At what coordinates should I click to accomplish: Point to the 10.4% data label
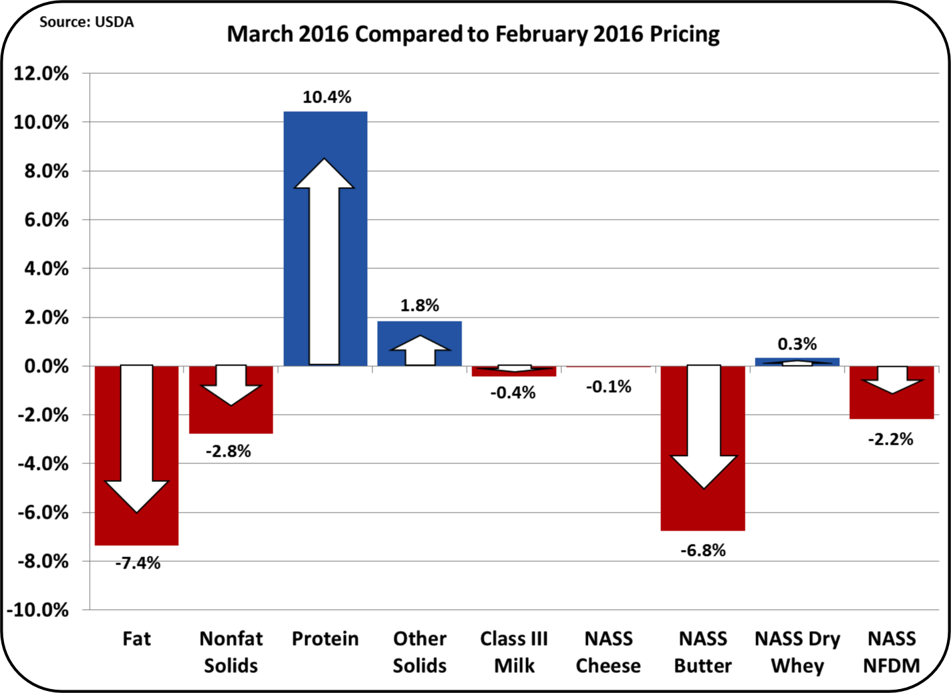(327, 97)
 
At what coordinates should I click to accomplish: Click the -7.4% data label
(138, 563)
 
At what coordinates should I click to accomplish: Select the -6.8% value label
(703, 551)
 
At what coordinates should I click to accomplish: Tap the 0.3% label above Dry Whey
(797, 344)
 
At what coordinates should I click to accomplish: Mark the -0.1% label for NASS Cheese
(609, 387)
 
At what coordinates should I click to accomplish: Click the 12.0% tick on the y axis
(41, 74)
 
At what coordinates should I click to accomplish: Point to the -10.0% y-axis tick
(37, 610)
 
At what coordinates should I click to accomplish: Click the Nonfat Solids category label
(231, 652)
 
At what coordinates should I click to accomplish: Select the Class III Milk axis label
(514, 652)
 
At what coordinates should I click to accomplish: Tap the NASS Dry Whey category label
(797, 652)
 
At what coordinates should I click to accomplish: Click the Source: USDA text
(86, 22)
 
